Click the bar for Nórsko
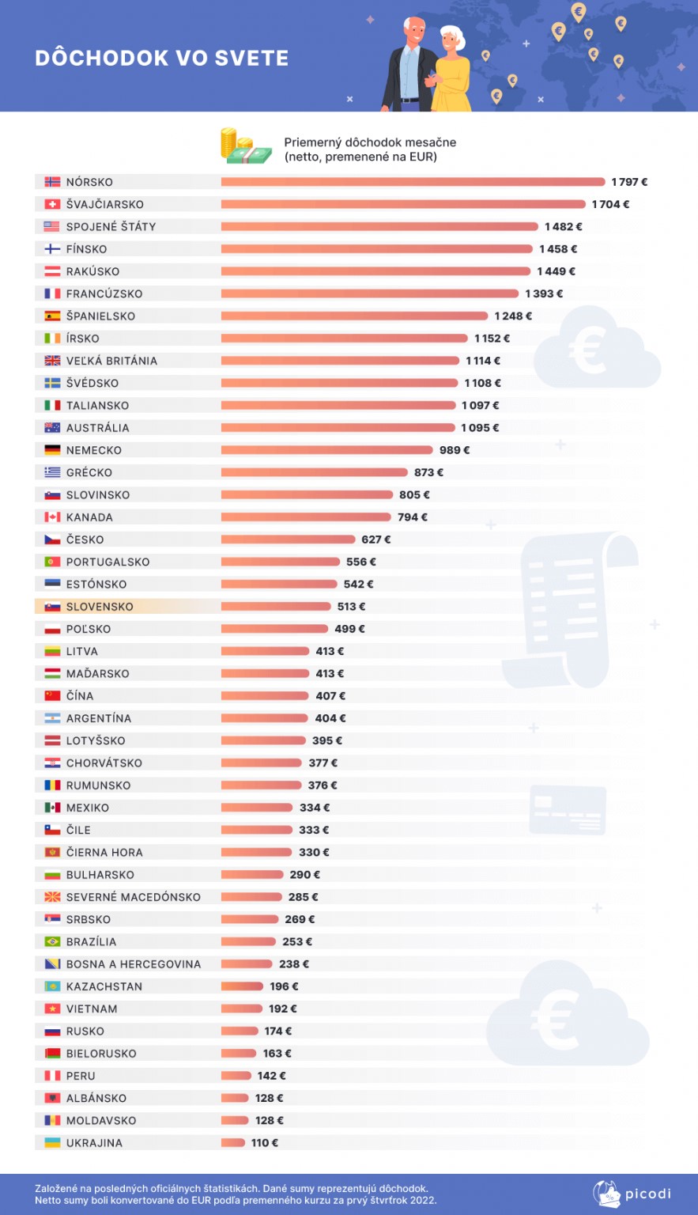(413, 182)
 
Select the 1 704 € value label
(610, 205)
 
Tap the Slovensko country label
(100, 607)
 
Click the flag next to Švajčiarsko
(52, 204)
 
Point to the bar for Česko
(288, 539)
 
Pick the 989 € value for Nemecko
(454, 450)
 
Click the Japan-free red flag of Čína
(52, 695)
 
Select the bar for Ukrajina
(233, 1142)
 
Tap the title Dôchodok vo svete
(161, 58)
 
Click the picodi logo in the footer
(632, 1194)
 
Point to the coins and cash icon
(246, 146)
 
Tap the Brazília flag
(52, 941)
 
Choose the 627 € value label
(376, 539)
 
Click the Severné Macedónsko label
(134, 897)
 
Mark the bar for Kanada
(306, 517)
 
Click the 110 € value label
(265, 1143)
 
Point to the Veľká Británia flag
(52, 360)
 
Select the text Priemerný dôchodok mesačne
(370, 142)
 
